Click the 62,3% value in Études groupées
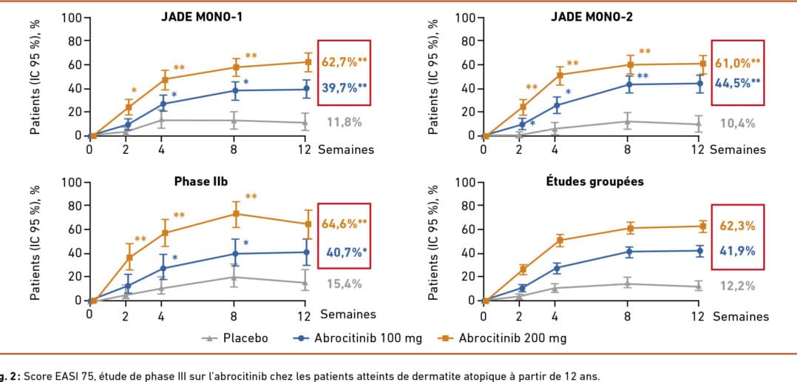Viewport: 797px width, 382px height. tap(736, 225)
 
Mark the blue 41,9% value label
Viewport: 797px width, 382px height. tap(736, 251)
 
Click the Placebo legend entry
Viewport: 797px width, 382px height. tap(236, 338)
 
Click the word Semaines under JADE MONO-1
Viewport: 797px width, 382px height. tap(346, 150)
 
